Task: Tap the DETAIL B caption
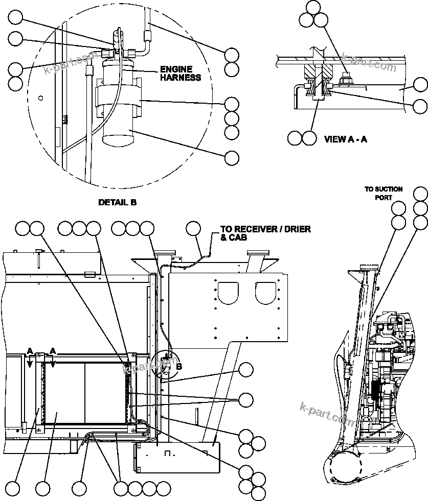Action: pos(117,202)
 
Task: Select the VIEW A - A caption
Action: pos(345,139)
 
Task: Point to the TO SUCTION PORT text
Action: pos(383,193)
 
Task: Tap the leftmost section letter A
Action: pos(30,351)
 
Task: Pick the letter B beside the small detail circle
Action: pos(178,366)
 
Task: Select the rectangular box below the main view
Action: pos(177,458)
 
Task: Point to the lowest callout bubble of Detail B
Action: pos(232,158)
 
